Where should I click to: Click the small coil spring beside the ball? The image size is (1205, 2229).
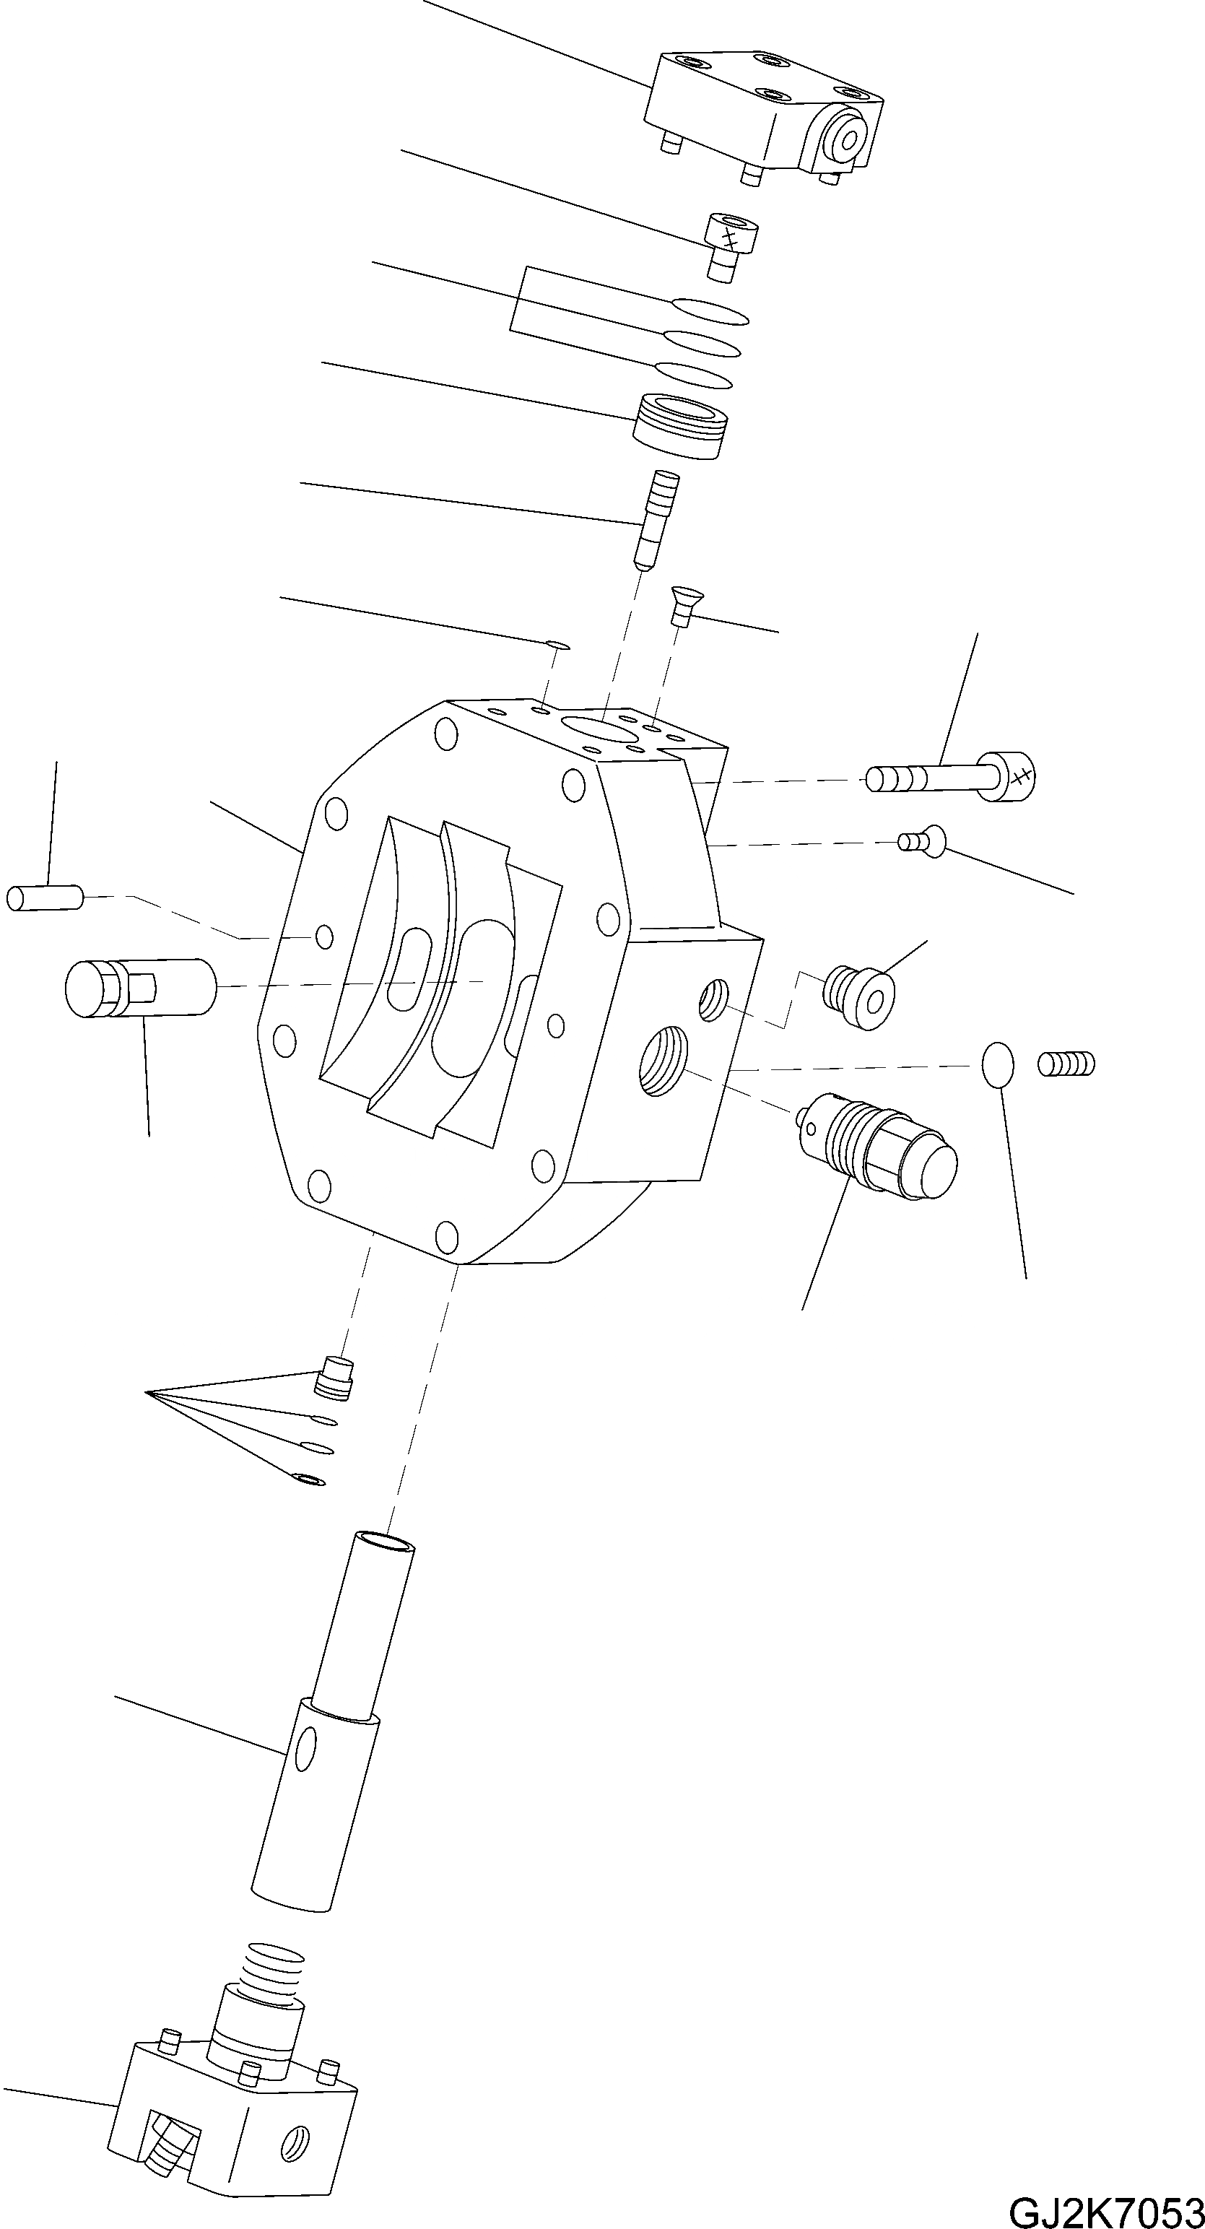tap(1066, 1063)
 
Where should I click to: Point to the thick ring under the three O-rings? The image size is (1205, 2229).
tap(681, 427)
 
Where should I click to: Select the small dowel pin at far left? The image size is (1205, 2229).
tap(44, 898)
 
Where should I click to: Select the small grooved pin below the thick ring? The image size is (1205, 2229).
tap(655, 518)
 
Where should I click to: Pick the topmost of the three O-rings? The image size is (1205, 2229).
tap(709, 310)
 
